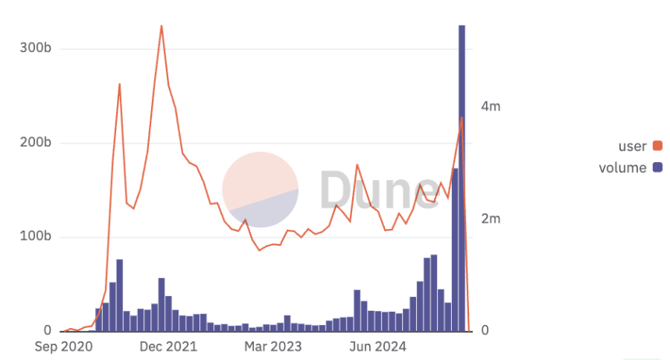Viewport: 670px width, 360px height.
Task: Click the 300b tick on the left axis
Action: (x=36, y=49)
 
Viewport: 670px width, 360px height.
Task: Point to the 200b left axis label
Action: (x=36, y=143)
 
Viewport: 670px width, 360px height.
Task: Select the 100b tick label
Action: (x=36, y=237)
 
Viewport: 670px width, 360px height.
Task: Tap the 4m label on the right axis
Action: (x=490, y=107)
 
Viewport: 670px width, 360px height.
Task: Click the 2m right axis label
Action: (x=490, y=219)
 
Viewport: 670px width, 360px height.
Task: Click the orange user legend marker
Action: (x=658, y=146)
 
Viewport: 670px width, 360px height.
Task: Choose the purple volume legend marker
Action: (x=658, y=168)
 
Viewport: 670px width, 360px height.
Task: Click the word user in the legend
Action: (x=632, y=146)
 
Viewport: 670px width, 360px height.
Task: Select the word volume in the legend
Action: (x=622, y=168)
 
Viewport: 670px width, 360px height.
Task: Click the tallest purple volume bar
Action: (x=462, y=179)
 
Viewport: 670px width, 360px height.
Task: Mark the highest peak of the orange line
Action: (x=161, y=26)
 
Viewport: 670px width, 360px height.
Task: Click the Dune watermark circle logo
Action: (x=261, y=189)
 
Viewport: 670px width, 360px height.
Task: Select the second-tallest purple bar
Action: (x=455, y=249)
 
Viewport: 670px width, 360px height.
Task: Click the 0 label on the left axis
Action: (x=48, y=330)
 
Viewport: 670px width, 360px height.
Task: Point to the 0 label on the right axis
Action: (x=485, y=330)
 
